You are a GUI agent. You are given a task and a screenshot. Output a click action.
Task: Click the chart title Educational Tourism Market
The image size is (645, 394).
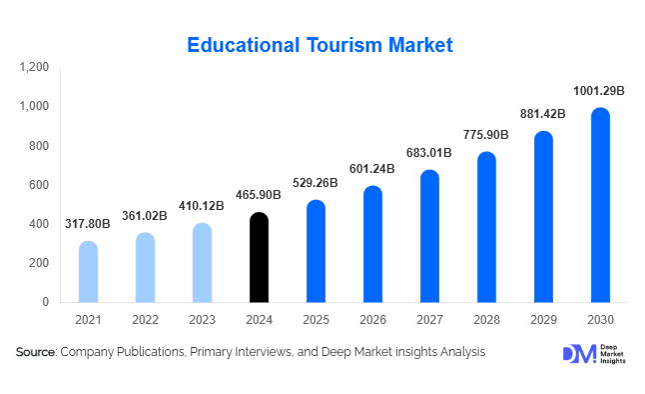point(322,45)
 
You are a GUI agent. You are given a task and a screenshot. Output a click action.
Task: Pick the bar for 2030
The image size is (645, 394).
point(600,205)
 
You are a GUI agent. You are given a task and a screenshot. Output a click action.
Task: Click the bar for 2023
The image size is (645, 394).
point(202,262)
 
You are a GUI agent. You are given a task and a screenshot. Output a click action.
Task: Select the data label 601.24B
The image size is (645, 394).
point(372,169)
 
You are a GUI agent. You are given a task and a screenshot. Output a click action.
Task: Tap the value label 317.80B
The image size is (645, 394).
point(88,225)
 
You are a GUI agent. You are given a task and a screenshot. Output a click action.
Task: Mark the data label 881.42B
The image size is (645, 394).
point(543,113)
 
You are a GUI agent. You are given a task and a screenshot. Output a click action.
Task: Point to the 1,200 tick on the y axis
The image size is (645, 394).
point(33,67)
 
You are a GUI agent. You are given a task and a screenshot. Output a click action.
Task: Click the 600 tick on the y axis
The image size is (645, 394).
point(38,185)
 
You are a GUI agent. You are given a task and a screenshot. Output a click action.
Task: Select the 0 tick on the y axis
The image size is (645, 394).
point(45,302)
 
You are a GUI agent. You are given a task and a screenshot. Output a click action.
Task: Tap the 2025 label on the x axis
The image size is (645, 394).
point(316,319)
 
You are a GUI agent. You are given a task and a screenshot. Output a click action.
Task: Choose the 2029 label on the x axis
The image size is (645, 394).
point(543,319)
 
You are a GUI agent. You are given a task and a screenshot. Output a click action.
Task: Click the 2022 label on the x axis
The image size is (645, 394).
point(145,319)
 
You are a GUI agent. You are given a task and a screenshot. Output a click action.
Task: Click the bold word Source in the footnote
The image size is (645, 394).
point(36,352)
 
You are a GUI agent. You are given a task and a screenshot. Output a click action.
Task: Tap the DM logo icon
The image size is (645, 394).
point(579,353)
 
